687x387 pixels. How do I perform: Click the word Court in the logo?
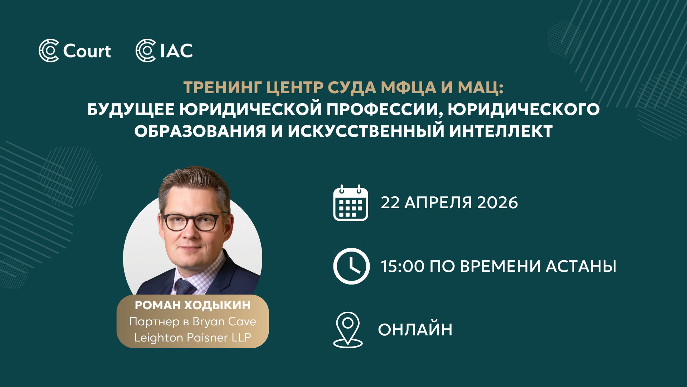coord(87,51)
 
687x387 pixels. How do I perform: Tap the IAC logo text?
coord(176,51)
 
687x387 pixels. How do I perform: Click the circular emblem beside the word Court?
coord(49,51)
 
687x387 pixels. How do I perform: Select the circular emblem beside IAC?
coord(146,51)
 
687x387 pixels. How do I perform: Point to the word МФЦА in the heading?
coord(409,88)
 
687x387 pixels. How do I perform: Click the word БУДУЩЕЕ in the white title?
coord(131,110)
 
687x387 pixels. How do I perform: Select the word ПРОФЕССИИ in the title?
coord(383,110)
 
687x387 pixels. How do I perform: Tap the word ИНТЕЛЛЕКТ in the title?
coord(501,131)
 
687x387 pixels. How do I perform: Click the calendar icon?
coord(351,203)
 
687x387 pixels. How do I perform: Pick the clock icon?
coord(351,266)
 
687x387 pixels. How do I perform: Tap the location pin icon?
coord(348,330)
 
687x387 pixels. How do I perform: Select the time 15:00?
coord(402,267)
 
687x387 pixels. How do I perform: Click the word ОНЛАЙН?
coord(415,330)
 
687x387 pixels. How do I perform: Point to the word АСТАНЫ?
coord(581,267)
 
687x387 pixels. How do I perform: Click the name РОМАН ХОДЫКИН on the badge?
coord(193,305)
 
